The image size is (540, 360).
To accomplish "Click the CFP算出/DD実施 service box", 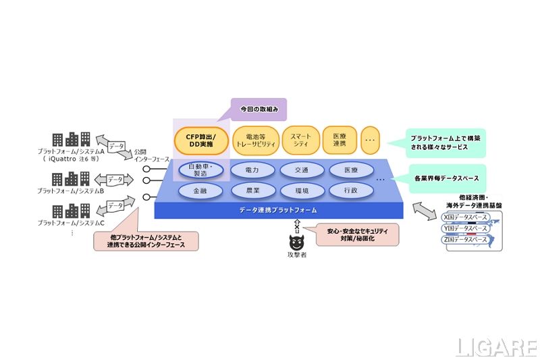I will [x=200, y=140].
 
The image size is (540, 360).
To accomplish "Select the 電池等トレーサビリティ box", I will [x=255, y=140].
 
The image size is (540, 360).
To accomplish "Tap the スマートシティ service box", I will [x=301, y=140].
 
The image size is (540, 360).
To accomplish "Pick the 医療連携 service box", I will [x=339, y=140].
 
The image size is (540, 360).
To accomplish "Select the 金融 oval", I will [x=200, y=191].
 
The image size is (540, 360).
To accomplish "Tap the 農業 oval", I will [x=251, y=191].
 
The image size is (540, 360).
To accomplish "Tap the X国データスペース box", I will [x=465, y=218].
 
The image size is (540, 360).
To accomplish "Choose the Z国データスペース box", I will [x=465, y=240].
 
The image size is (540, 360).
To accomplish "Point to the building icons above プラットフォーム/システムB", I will [x=72, y=179].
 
